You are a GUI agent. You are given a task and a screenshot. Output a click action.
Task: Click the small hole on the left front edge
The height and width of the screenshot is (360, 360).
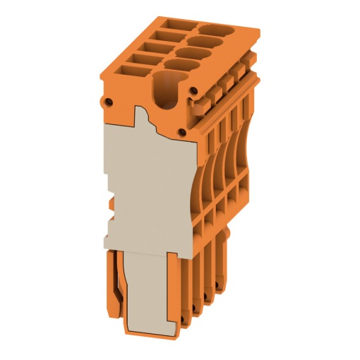(109, 101)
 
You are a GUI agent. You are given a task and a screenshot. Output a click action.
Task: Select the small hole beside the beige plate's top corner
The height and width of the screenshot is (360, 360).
(183, 131)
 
